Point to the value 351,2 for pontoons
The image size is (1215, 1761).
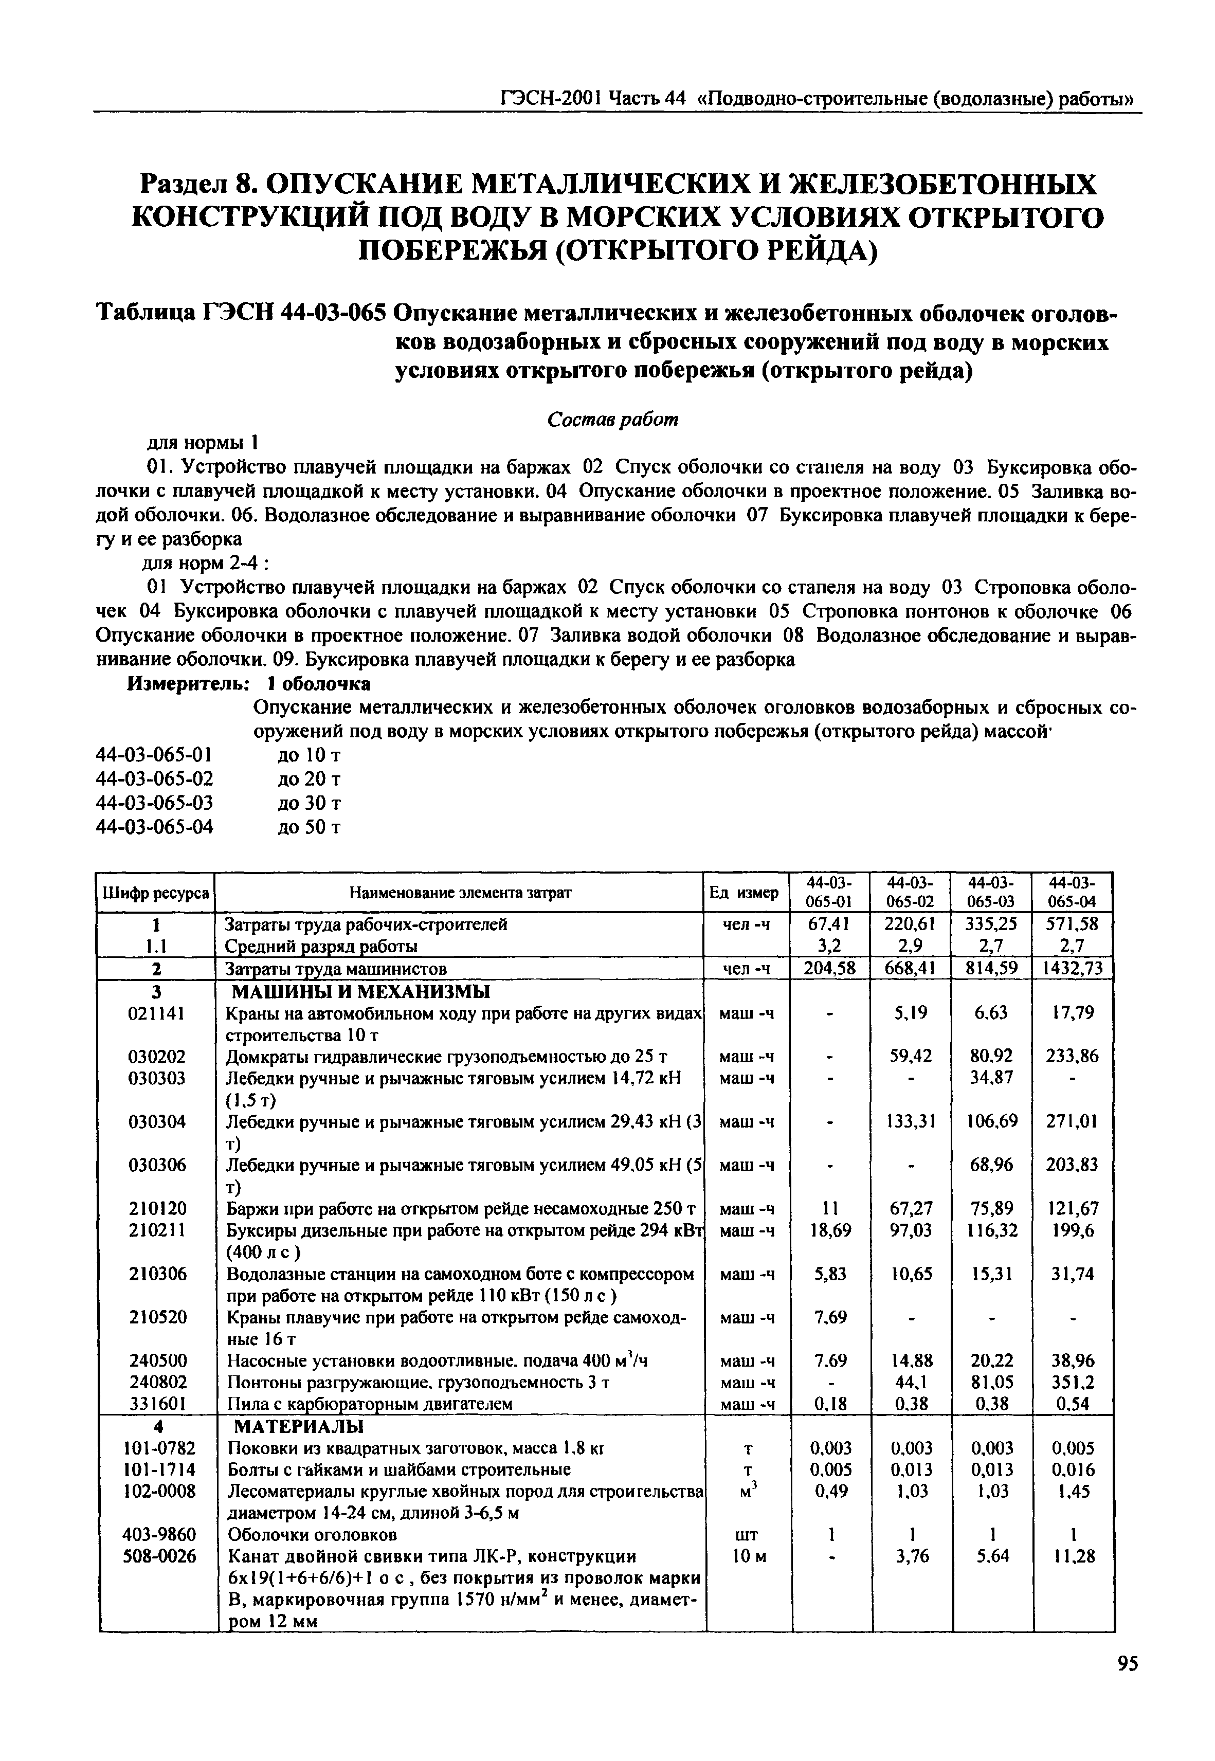point(1074,1381)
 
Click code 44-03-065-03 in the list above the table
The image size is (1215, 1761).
point(155,803)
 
